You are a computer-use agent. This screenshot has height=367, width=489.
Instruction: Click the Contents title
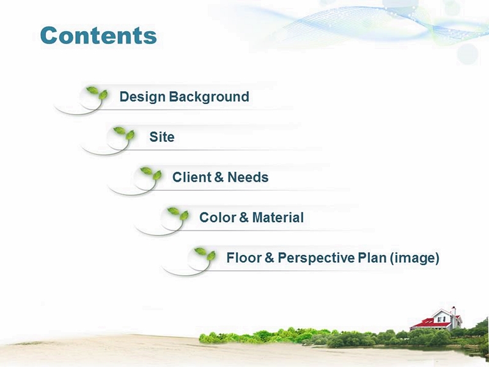(98, 35)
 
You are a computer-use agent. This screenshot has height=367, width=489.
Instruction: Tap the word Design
(142, 97)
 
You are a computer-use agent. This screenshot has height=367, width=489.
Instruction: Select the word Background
(209, 97)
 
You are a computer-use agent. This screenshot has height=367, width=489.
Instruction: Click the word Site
(162, 136)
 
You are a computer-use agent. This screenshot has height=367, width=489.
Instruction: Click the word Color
(218, 218)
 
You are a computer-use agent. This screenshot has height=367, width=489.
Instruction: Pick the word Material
(278, 218)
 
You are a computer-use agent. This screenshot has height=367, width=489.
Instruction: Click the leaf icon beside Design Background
(97, 93)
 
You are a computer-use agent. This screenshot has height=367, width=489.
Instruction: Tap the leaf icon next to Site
(124, 133)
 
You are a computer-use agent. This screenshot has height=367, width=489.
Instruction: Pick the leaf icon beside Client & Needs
(151, 173)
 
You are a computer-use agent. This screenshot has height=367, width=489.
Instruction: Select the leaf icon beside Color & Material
(178, 213)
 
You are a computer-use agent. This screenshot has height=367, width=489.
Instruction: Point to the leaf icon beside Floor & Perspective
(205, 254)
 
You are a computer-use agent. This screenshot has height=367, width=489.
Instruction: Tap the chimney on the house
(454, 311)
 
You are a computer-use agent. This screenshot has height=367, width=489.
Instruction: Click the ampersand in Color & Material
(243, 218)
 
